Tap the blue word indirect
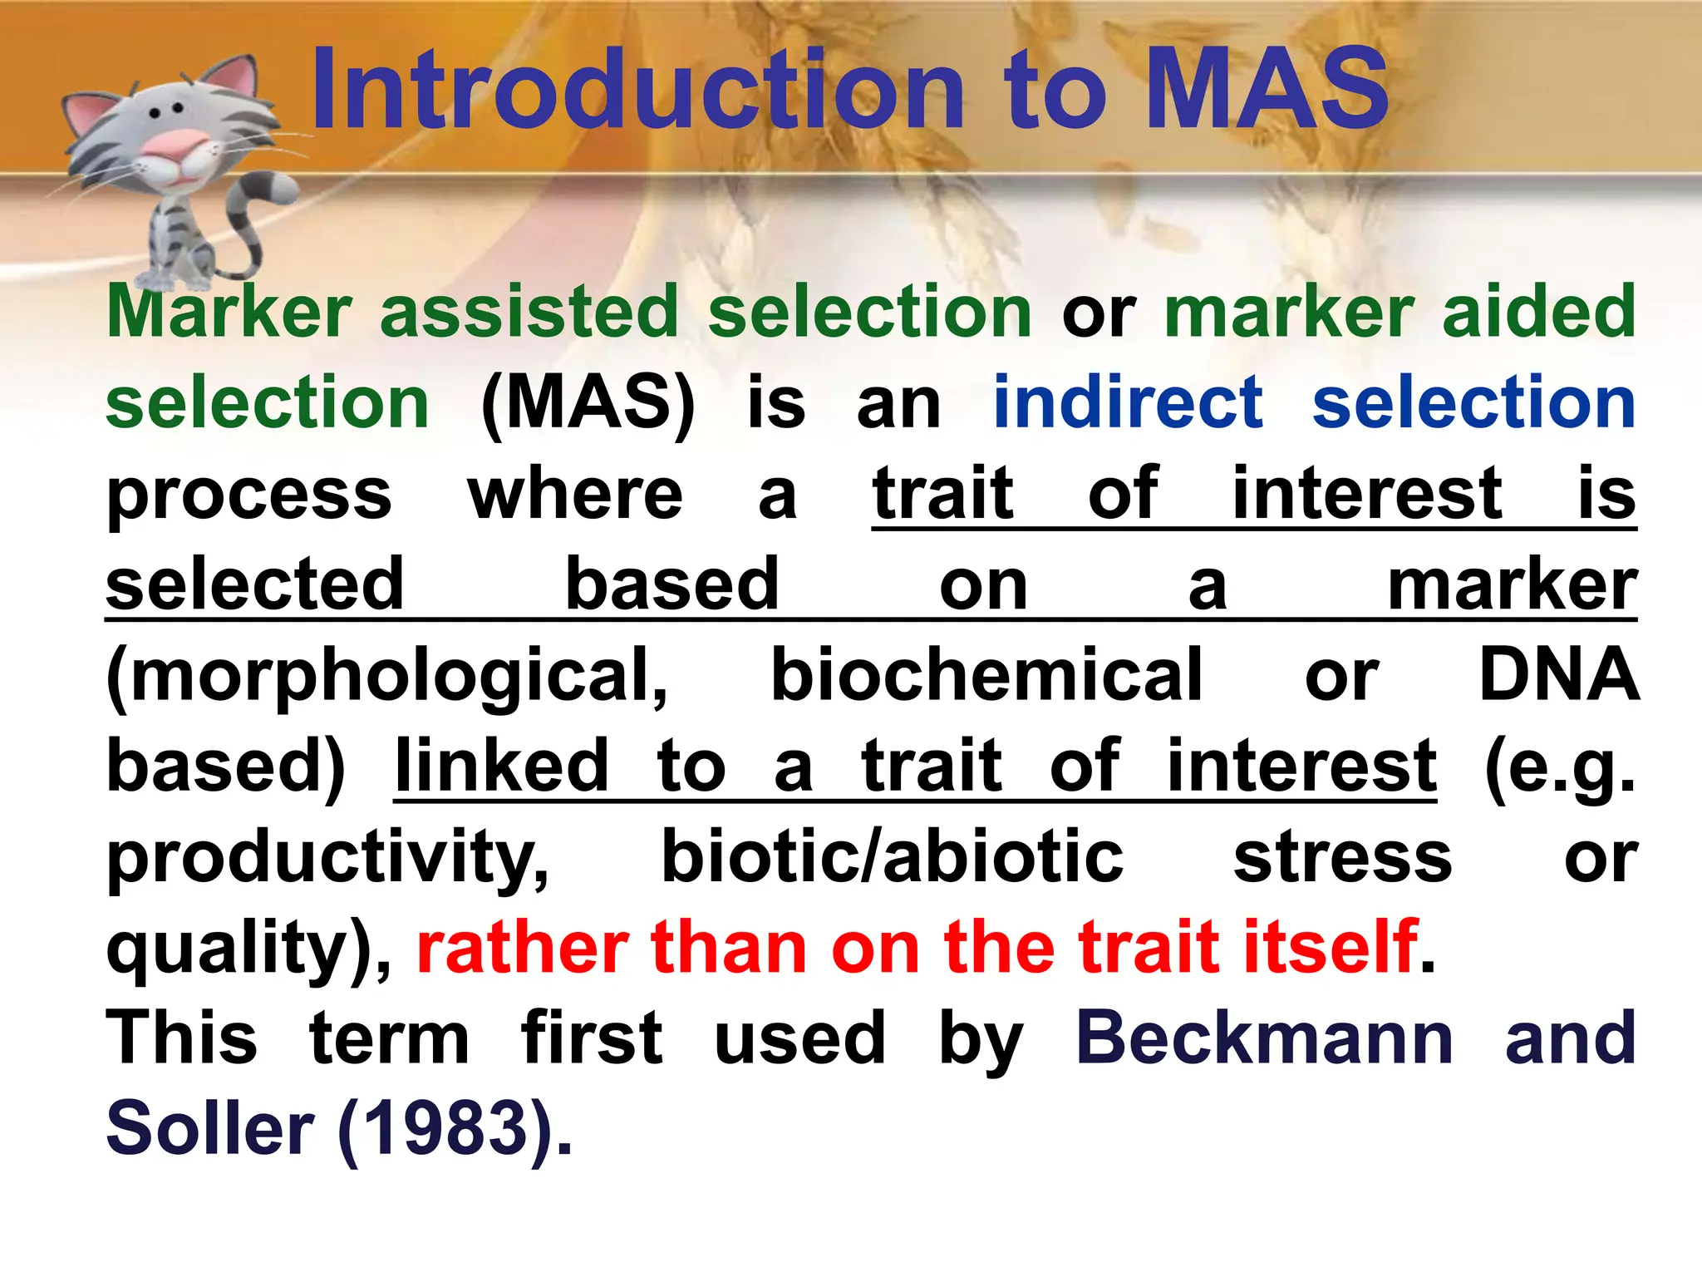[x=1128, y=402]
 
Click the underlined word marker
[x=1512, y=586]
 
